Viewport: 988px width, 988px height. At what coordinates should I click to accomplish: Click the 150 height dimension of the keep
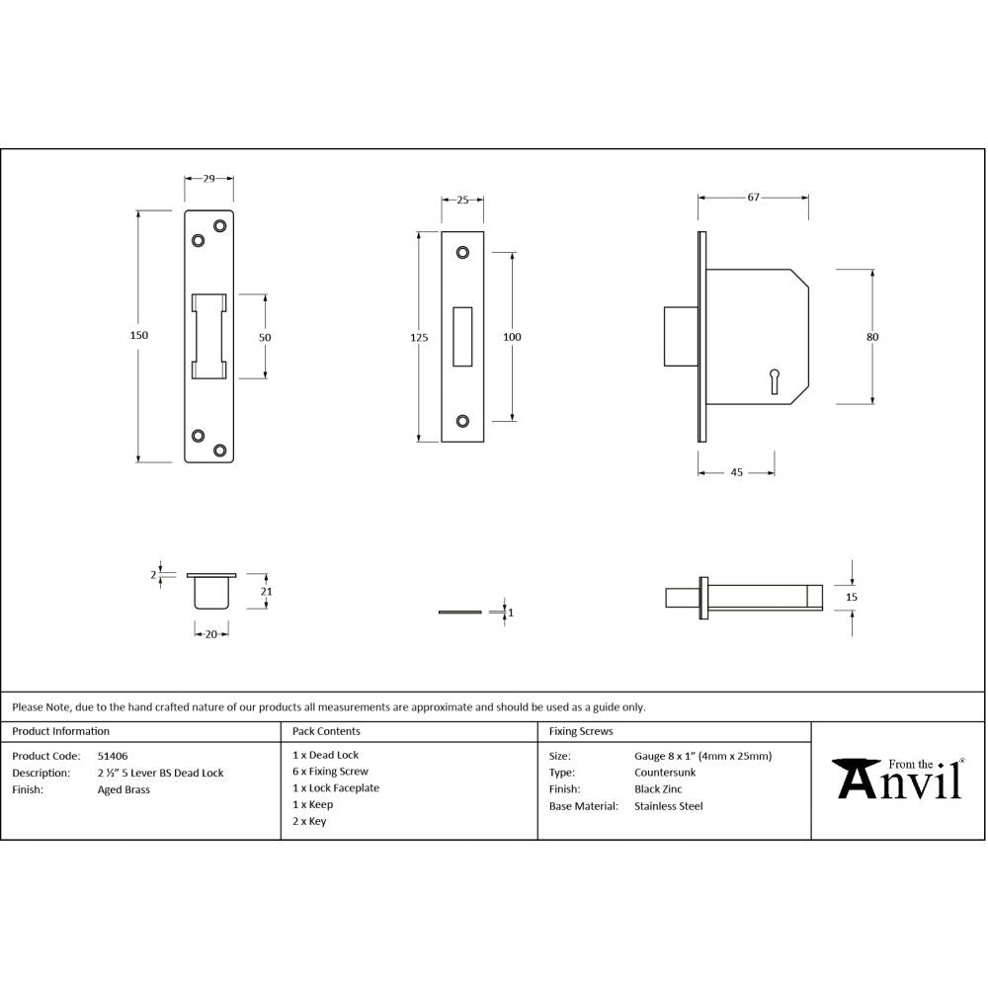(x=139, y=336)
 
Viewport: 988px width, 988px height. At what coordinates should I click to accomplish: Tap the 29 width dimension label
(x=209, y=179)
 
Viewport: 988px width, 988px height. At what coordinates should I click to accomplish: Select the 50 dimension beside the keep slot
(x=265, y=337)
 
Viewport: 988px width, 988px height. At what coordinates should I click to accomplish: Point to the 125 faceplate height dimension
(x=419, y=338)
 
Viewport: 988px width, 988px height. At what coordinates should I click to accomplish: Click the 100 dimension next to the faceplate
(x=512, y=338)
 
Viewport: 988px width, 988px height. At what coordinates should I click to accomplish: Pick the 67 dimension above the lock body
(x=753, y=198)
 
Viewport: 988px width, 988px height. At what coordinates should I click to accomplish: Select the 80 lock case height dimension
(x=872, y=337)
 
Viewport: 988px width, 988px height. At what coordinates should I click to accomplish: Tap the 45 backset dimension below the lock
(x=736, y=472)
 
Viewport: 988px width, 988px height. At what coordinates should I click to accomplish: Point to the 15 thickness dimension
(x=852, y=597)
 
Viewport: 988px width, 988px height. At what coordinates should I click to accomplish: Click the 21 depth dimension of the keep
(x=266, y=591)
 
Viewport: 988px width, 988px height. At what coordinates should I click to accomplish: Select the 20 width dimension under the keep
(x=210, y=634)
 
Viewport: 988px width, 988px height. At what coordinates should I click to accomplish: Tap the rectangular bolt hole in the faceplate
(x=462, y=337)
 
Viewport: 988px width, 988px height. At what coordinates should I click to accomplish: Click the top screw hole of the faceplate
(x=462, y=253)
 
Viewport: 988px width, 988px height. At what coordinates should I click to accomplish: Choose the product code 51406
(x=112, y=756)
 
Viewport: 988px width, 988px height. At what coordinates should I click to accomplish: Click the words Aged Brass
(x=123, y=789)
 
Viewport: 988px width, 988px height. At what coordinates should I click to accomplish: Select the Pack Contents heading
(x=326, y=732)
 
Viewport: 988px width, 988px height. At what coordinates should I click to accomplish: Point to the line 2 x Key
(x=309, y=821)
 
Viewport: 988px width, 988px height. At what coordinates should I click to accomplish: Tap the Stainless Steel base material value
(x=668, y=806)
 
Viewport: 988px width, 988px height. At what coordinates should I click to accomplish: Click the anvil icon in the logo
(x=855, y=778)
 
